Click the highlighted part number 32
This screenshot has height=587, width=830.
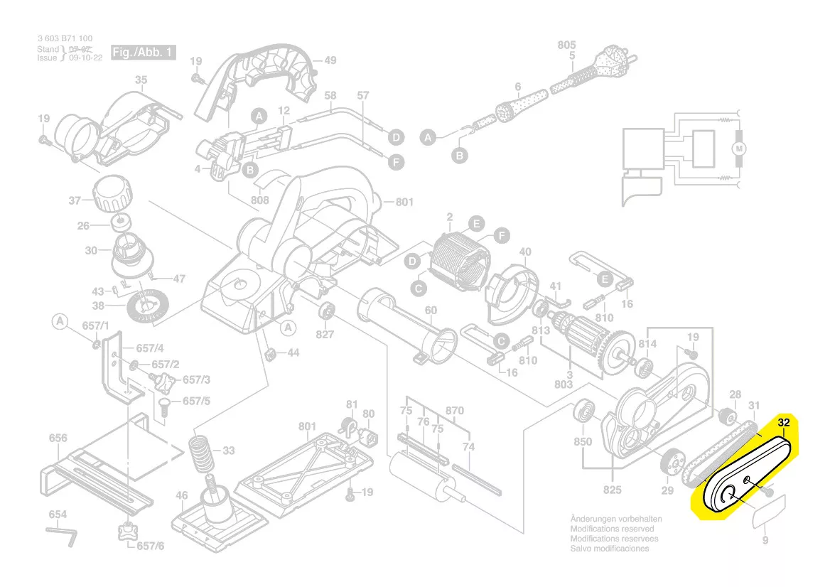point(784,423)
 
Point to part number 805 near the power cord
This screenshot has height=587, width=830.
point(566,45)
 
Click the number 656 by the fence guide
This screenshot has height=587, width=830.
point(58,438)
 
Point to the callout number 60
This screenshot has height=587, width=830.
point(431,310)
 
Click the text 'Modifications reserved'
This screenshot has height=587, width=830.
point(612,529)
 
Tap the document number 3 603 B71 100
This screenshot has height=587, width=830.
point(65,38)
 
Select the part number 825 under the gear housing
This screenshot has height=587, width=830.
point(613,490)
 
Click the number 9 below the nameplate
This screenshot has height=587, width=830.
point(765,541)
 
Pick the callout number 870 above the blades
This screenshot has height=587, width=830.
point(454,411)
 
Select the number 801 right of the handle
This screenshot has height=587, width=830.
point(404,203)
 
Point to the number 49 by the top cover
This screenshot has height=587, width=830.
point(330,60)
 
